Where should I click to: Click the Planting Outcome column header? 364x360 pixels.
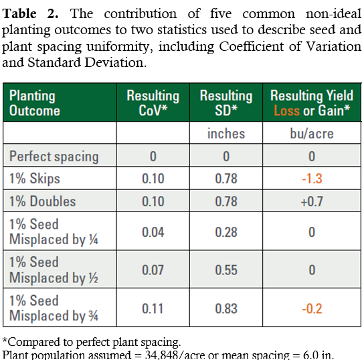[x=35, y=103]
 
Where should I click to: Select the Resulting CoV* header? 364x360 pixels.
[x=153, y=103]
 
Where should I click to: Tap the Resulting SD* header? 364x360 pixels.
[x=226, y=103]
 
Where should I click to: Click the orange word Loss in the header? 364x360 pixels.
[x=286, y=110]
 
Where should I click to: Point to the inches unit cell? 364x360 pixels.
[x=226, y=134]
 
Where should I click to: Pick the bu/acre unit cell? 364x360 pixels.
[x=312, y=134]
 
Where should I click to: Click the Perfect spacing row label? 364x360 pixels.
[x=54, y=157]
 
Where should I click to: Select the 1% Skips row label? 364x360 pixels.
[x=35, y=179]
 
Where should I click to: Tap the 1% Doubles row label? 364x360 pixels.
[x=42, y=201]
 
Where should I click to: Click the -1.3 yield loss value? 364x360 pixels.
[x=312, y=179]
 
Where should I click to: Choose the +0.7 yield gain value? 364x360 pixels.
[x=312, y=201]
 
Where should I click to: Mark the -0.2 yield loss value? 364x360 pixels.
[x=312, y=308]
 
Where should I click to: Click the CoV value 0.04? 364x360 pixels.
[x=153, y=232]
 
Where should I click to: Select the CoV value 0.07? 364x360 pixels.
[x=153, y=270]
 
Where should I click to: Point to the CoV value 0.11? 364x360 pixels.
[x=153, y=308]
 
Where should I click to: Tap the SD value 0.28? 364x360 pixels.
[x=226, y=232]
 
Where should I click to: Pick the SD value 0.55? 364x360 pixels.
[x=226, y=270]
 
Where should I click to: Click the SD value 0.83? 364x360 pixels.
[x=226, y=308]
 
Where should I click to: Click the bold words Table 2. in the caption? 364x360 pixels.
[x=30, y=13]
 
